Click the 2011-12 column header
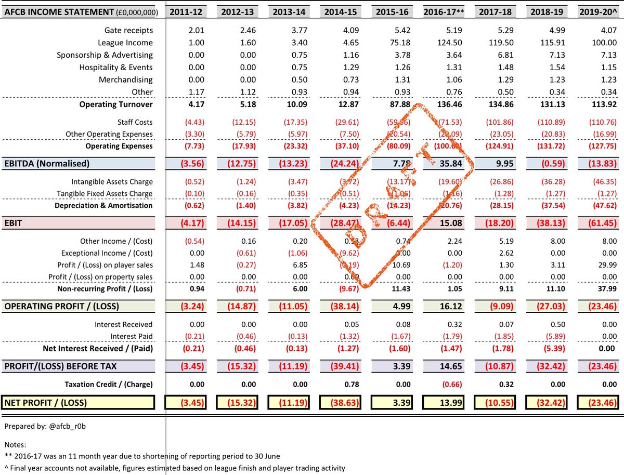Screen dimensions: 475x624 click(186, 11)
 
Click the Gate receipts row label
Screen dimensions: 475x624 click(128, 30)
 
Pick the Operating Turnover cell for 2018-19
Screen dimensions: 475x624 click(546, 104)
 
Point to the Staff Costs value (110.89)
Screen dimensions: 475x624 click(546, 122)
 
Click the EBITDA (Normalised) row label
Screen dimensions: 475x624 click(46, 164)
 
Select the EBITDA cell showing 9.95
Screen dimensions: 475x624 click(493, 164)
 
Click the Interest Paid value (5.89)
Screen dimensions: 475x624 click(546, 336)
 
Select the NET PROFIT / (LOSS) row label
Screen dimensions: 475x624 click(46, 402)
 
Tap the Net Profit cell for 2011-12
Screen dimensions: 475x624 click(186, 402)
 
